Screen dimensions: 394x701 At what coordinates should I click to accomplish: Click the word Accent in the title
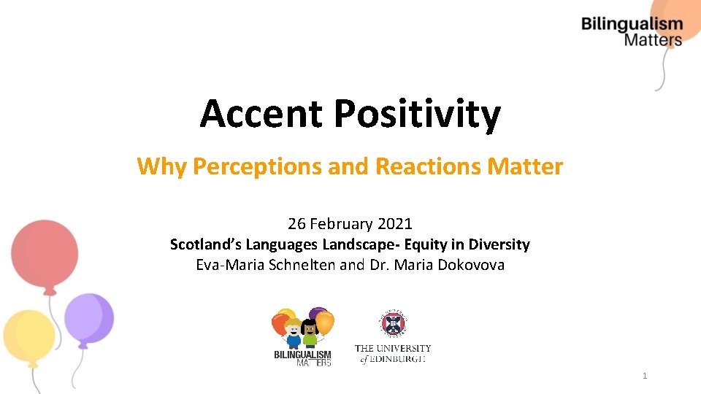coord(261,114)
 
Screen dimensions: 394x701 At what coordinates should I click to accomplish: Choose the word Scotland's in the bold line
coord(205,244)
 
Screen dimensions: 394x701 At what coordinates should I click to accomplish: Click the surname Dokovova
coord(471,265)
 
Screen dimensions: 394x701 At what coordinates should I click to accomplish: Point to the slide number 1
coord(645,376)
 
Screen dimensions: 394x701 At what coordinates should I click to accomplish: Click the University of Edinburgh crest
coord(393,323)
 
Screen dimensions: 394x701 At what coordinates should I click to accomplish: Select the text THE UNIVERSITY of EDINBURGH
coord(393,353)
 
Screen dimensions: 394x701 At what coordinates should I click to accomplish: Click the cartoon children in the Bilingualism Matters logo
coord(302,333)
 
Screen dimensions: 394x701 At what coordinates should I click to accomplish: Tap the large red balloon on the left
coord(45,250)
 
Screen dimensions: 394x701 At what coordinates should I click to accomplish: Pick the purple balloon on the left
coord(88,317)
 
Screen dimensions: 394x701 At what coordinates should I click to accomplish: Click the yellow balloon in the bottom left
coord(29,337)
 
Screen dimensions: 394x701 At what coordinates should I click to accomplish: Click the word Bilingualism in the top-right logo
coord(632,25)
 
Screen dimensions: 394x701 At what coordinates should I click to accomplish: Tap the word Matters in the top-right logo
coord(652,40)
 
